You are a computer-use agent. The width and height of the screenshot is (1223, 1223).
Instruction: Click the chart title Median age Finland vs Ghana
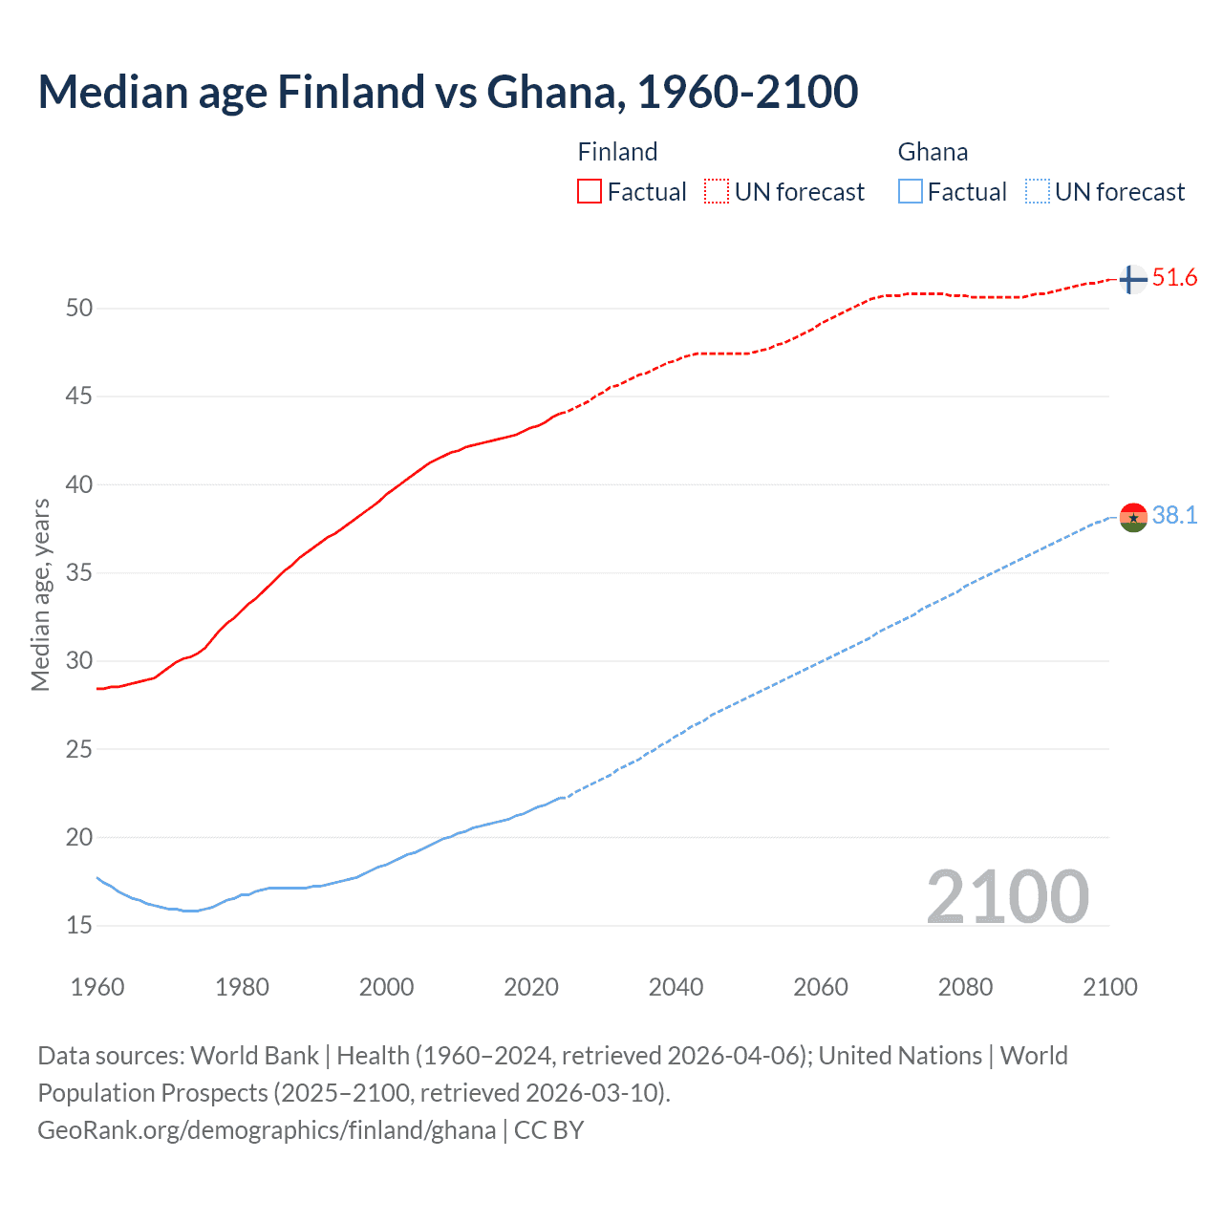pos(447,92)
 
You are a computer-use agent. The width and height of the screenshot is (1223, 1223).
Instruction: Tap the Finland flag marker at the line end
pos(1132,279)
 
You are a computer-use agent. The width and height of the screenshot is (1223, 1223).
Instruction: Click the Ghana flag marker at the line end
pos(1132,517)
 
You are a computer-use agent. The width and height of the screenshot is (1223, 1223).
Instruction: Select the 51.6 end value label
pos(1174,278)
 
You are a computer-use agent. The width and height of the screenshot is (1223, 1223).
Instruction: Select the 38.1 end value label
pos(1174,516)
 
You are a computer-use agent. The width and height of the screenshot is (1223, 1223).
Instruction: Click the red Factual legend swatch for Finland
pos(590,191)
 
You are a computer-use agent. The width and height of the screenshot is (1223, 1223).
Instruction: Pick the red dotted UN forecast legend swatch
pos(717,191)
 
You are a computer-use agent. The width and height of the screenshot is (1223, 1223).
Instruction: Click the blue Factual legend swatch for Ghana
pos(910,191)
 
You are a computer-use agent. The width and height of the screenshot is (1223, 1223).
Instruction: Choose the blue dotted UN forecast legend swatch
pos(1037,191)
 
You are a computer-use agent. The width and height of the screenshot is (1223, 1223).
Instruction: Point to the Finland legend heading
pos(617,152)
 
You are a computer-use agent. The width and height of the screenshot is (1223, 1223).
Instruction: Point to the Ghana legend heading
pos(933,152)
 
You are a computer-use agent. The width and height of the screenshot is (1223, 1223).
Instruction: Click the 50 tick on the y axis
pos(79,308)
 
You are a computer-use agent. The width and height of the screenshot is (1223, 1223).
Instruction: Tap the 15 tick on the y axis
pos(79,925)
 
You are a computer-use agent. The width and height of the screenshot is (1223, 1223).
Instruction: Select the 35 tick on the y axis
pos(79,573)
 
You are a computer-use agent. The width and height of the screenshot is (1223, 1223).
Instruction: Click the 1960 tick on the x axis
pos(97,987)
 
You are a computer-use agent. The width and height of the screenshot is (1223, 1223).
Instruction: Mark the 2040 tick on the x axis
pos(676,987)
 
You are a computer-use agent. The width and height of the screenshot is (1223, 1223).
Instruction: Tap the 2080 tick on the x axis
pos(965,987)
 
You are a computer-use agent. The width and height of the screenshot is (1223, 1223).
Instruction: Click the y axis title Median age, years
pos(40,594)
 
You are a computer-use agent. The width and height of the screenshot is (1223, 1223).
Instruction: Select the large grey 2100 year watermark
pos(1007,896)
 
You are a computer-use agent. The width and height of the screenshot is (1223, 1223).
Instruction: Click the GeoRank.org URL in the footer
pos(267,1130)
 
